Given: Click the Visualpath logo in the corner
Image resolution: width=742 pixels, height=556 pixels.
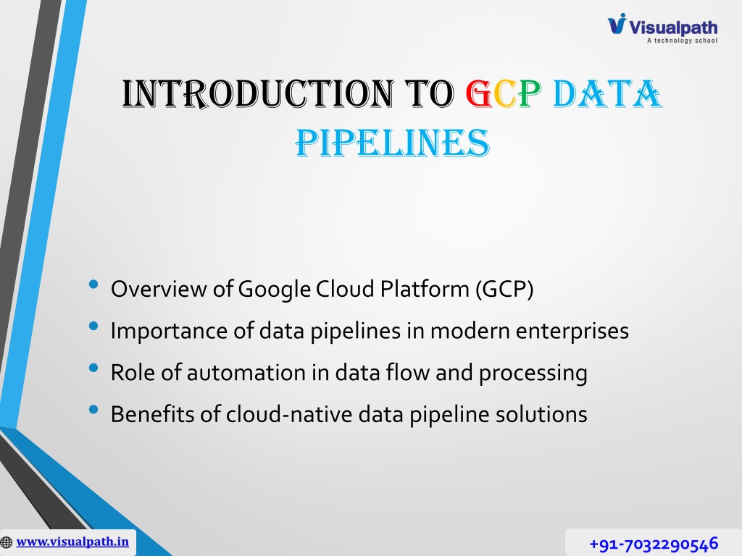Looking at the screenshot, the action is point(662,28).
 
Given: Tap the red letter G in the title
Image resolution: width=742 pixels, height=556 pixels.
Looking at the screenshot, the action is point(478,93).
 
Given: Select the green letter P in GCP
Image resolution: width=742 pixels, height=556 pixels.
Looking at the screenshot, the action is point(530,93).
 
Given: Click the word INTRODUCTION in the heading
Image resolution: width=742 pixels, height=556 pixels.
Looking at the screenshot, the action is point(258,93).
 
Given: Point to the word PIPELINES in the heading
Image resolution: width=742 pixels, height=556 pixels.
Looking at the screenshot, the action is point(392,143).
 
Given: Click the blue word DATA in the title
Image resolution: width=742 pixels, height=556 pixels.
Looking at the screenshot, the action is point(607,93).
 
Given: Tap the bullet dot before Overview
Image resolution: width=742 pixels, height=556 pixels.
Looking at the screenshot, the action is point(93,284).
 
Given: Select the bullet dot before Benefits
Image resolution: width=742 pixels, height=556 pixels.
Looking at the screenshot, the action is point(93,410).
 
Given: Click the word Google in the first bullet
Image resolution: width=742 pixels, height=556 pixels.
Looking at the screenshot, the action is point(275,290).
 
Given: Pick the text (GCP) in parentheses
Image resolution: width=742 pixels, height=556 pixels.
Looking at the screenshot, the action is point(504,289).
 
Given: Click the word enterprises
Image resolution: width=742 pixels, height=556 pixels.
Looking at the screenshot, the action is point(572,331).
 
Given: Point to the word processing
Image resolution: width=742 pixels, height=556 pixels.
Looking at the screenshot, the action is point(533,373).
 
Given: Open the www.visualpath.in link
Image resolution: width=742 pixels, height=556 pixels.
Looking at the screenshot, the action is point(72,542).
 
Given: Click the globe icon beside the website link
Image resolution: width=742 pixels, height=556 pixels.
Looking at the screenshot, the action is point(6,542).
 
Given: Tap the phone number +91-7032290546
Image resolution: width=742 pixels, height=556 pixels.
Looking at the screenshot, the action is point(654,544).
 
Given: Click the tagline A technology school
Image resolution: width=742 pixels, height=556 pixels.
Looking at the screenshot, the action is point(682,41).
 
